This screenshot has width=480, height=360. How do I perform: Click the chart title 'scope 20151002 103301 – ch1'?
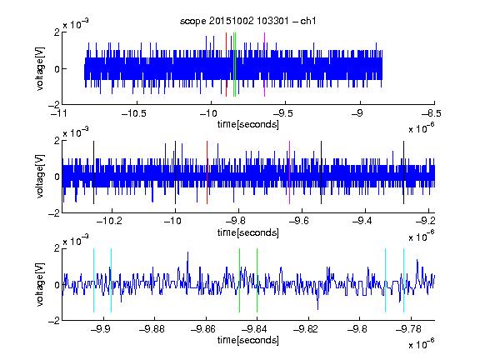click(x=248, y=21)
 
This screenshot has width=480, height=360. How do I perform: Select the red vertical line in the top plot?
click(x=226, y=65)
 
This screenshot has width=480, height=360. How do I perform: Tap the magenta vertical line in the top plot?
click(x=264, y=65)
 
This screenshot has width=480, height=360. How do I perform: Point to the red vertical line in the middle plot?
click(x=207, y=172)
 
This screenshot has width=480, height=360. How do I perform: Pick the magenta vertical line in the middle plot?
click(x=290, y=172)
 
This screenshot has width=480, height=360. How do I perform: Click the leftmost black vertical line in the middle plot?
click(x=93, y=172)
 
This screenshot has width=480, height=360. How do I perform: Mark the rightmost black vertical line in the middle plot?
click(x=404, y=172)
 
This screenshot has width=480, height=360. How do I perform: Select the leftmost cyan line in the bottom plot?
click(x=93, y=280)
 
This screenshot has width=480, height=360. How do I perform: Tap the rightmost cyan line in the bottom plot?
click(x=404, y=280)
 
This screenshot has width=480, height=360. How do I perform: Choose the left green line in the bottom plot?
click(x=239, y=280)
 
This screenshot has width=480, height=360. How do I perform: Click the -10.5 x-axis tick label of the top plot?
click(x=134, y=113)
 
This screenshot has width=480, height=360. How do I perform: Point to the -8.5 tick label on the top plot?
click(x=432, y=113)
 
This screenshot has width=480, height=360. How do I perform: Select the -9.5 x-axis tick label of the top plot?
click(x=283, y=113)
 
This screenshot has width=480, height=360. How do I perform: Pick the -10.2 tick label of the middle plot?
click(x=110, y=221)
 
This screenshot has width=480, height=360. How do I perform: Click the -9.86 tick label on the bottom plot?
click(x=203, y=329)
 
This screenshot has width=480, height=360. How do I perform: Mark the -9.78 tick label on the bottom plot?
click(x=408, y=329)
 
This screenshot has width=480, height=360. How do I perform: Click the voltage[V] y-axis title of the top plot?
click(x=40, y=69)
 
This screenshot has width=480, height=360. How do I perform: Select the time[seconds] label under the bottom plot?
click(x=248, y=340)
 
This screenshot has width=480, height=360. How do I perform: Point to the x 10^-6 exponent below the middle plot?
click(x=422, y=237)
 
